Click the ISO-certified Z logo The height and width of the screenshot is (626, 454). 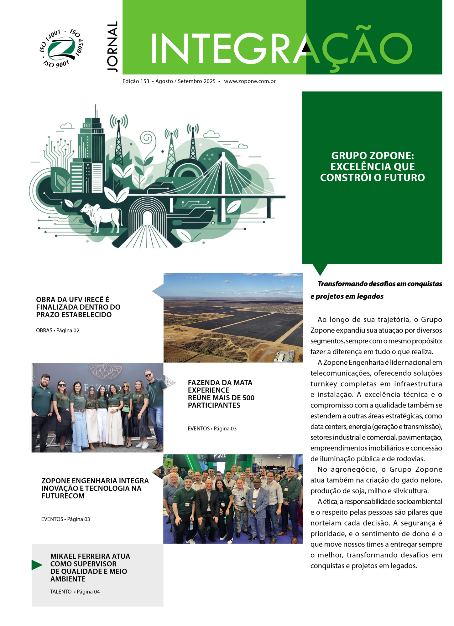[61, 49]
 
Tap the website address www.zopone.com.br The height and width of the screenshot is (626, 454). [250, 81]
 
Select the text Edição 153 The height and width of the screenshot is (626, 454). [136, 81]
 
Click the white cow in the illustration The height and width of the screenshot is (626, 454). [101, 216]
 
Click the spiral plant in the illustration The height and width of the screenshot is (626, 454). [147, 139]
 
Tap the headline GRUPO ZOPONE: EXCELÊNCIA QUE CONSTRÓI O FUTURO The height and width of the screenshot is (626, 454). [372, 167]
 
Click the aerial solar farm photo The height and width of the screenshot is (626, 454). [233, 318]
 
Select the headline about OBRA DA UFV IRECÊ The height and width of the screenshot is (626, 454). [78, 307]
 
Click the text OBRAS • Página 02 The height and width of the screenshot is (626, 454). [58, 331]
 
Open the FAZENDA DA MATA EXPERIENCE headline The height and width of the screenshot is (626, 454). [221, 394]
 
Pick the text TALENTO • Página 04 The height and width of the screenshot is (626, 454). [75, 592]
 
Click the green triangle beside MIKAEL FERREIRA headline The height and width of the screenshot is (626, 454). [37, 565]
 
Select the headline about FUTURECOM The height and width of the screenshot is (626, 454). [95, 488]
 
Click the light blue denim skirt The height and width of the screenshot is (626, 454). [81, 430]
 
